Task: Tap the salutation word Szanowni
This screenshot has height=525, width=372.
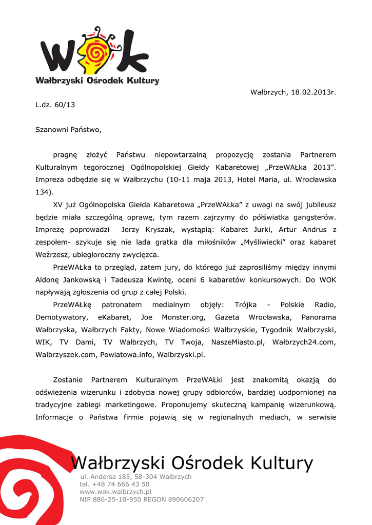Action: (x=51, y=130)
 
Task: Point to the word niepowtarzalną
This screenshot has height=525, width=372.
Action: (x=181, y=155)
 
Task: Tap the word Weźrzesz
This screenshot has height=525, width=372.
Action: (x=51, y=255)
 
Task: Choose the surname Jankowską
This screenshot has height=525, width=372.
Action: (x=83, y=280)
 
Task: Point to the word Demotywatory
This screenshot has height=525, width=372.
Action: (x=60, y=317)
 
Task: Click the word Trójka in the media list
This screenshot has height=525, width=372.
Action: (x=246, y=305)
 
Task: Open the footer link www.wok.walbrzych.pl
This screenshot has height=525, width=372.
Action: (x=115, y=492)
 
